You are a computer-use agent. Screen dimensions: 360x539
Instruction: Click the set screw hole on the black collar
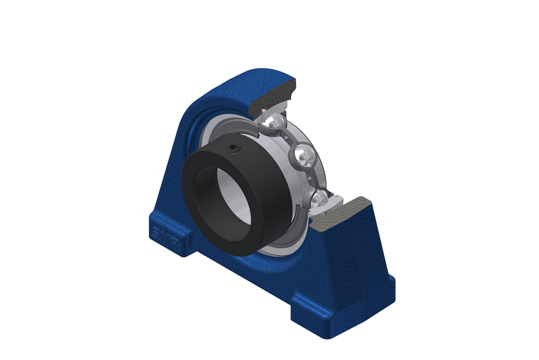click(234, 149)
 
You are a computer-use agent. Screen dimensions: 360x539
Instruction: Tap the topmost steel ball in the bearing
click(275, 122)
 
